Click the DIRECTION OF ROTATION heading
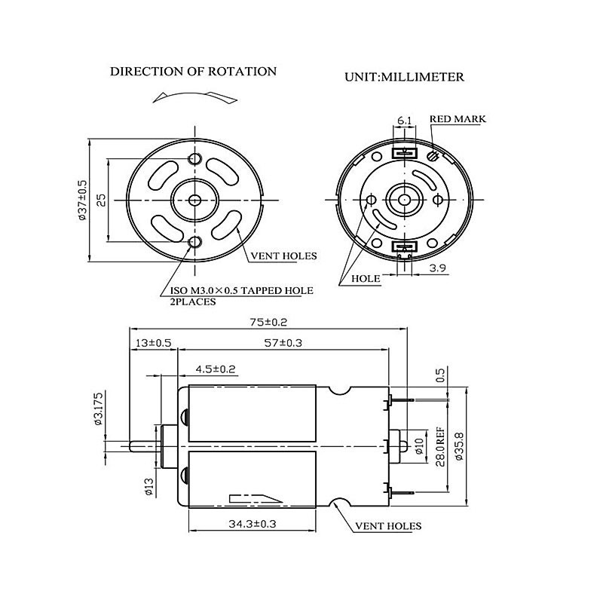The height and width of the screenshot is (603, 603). click(193, 72)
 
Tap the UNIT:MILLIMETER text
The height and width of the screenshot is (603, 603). click(404, 77)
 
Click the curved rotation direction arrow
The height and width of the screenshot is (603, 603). click(187, 96)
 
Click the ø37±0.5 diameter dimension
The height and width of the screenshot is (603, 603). click(82, 200)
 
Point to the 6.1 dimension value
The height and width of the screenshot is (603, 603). click(404, 121)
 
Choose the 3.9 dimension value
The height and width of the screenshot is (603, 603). click(437, 268)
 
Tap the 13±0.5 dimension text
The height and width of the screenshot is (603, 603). click(153, 343)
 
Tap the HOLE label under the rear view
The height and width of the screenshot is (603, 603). click(366, 278)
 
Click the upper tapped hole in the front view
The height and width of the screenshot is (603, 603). click(196, 159)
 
